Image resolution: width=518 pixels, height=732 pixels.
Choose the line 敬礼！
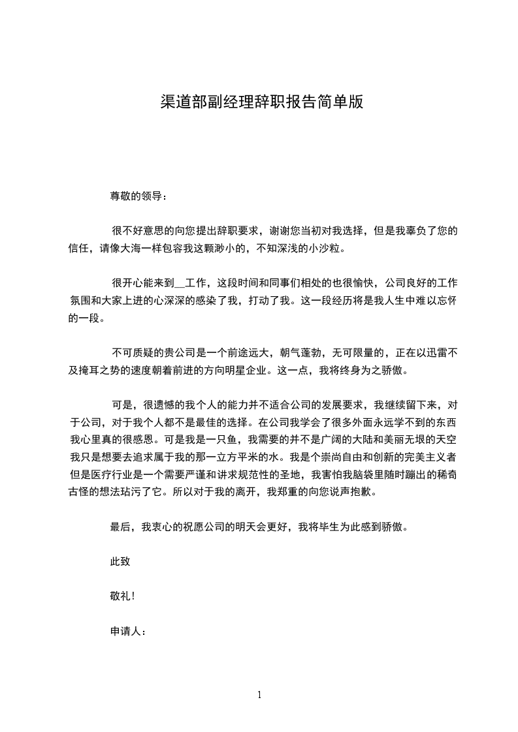pyautogui.click(x=123, y=596)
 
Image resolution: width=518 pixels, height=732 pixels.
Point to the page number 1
pyautogui.click(x=259, y=695)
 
